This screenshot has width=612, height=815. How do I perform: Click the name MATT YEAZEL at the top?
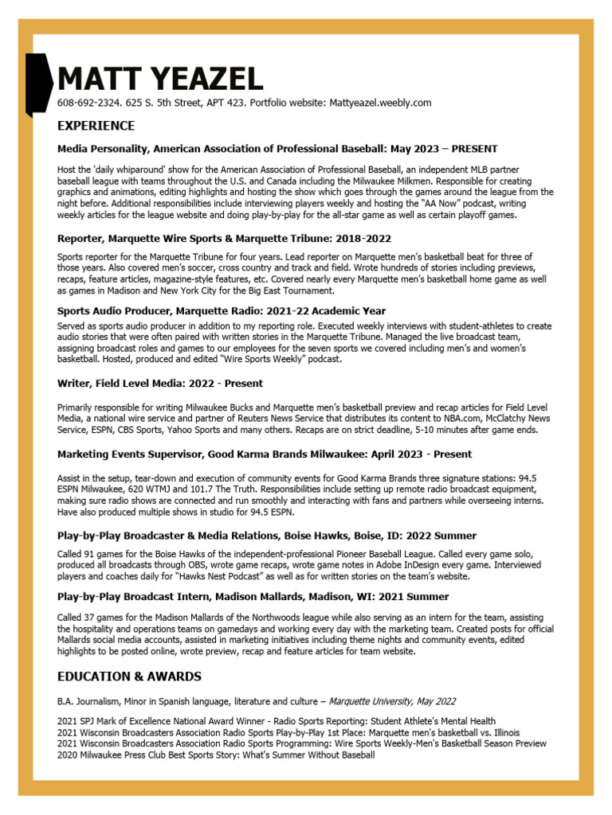point(159,80)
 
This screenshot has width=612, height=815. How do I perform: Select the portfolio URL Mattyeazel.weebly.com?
point(380,103)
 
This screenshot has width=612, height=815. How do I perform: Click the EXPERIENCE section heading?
point(96,126)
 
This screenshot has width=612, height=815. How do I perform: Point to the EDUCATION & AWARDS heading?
point(129,677)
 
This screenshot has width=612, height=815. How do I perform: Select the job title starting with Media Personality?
point(277,149)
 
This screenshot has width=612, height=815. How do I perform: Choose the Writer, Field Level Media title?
point(159,384)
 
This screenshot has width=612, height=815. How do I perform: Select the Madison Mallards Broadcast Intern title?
point(253,596)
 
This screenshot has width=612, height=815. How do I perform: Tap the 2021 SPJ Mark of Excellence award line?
point(276,721)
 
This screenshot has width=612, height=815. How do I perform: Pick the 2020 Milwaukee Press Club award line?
point(215,755)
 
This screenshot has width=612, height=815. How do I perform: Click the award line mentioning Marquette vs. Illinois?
point(288,732)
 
